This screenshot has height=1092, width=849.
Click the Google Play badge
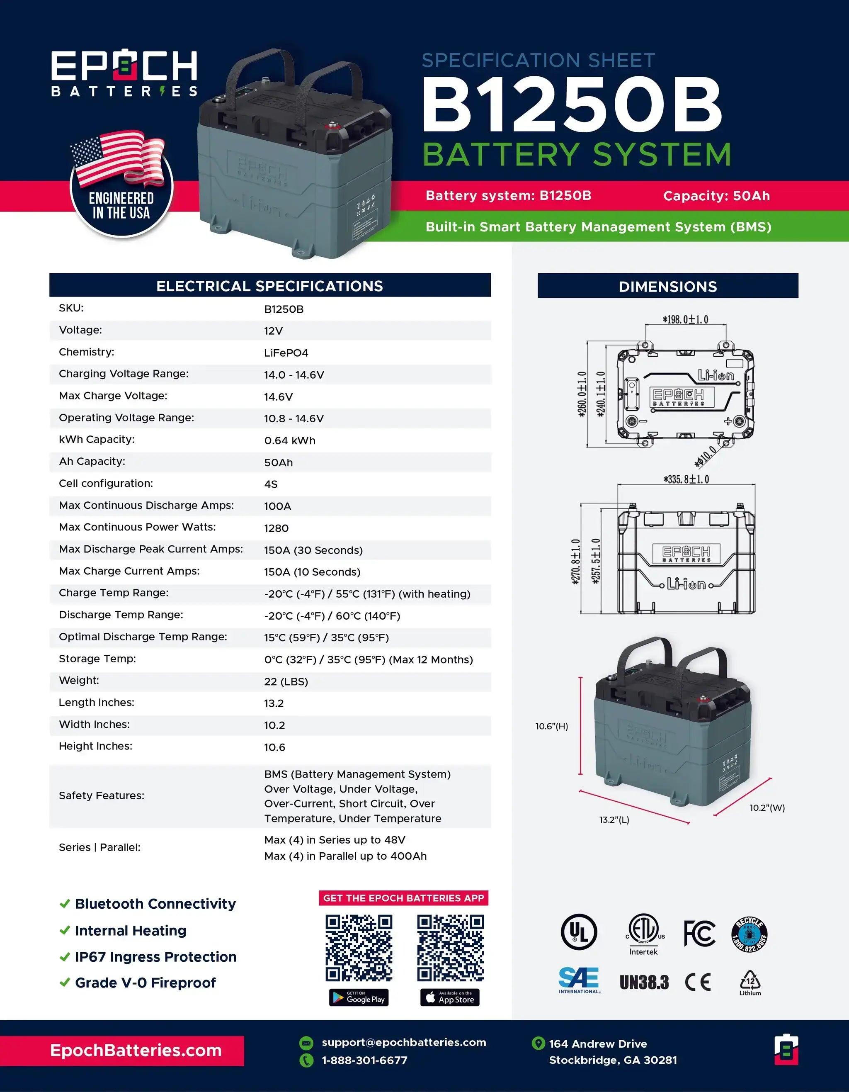pyautogui.click(x=359, y=997)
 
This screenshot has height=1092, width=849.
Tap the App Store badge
pyautogui.click(x=450, y=997)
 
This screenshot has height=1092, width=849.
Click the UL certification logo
pyautogui.click(x=579, y=932)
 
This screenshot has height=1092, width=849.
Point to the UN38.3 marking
pyautogui.click(x=644, y=983)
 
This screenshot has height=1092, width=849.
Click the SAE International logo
pyautogui.click(x=580, y=980)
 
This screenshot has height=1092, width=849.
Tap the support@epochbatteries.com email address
pyautogui.click(x=404, y=1043)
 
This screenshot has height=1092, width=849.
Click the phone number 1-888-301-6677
pyautogui.click(x=364, y=1060)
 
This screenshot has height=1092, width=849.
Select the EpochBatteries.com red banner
pyautogui.click(x=122, y=1051)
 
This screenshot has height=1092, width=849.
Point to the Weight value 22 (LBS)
pyautogui.click(x=286, y=681)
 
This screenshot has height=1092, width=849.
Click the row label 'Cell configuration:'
pyautogui.click(x=106, y=484)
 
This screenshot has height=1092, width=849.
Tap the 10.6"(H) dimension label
pyautogui.click(x=552, y=726)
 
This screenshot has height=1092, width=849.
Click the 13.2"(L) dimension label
pyautogui.click(x=614, y=820)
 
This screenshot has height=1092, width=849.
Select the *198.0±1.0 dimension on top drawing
pyautogui.click(x=685, y=319)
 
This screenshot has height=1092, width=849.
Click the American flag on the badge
pyautogui.click(x=118, y=156)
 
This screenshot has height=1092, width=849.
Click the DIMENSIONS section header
pyautogui.click(x=667, y=286)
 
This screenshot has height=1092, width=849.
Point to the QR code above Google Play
pyautogui.click(x=359, y=948)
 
